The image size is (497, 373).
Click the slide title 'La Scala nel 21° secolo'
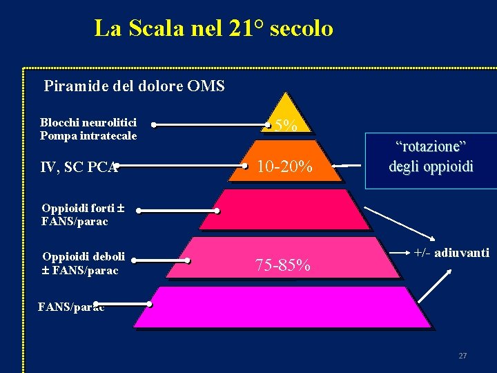click(213, 28)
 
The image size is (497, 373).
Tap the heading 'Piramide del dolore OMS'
click(134, 87)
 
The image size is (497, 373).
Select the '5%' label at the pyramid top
click(286, 125)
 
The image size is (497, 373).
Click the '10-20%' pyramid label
click(284, 166)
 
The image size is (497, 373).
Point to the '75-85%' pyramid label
click(282, 265)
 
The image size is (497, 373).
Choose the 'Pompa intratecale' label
click(88, 135)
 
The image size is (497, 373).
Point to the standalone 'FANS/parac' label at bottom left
click(71, 307)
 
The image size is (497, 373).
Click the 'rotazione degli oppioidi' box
click(431, 157)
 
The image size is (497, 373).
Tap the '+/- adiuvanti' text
click(451, 253)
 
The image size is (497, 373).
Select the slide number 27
click(462, 356)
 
